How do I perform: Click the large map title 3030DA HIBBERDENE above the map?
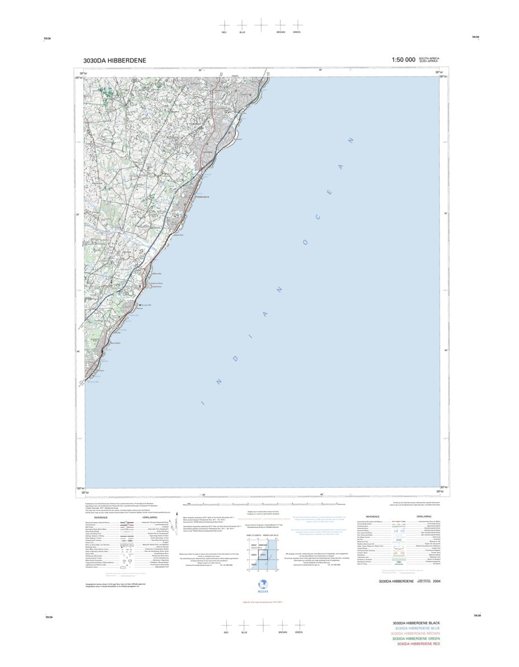(115, 60)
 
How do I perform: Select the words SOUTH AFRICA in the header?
(429, 58)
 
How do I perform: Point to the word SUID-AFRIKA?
(428, 61)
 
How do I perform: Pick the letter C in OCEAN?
(317, 217)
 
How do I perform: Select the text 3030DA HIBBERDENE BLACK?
(416, 623)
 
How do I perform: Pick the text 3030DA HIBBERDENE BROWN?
(416, 633)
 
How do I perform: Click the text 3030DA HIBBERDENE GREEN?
(416, 639)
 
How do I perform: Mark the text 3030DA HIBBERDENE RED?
(418, 644)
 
